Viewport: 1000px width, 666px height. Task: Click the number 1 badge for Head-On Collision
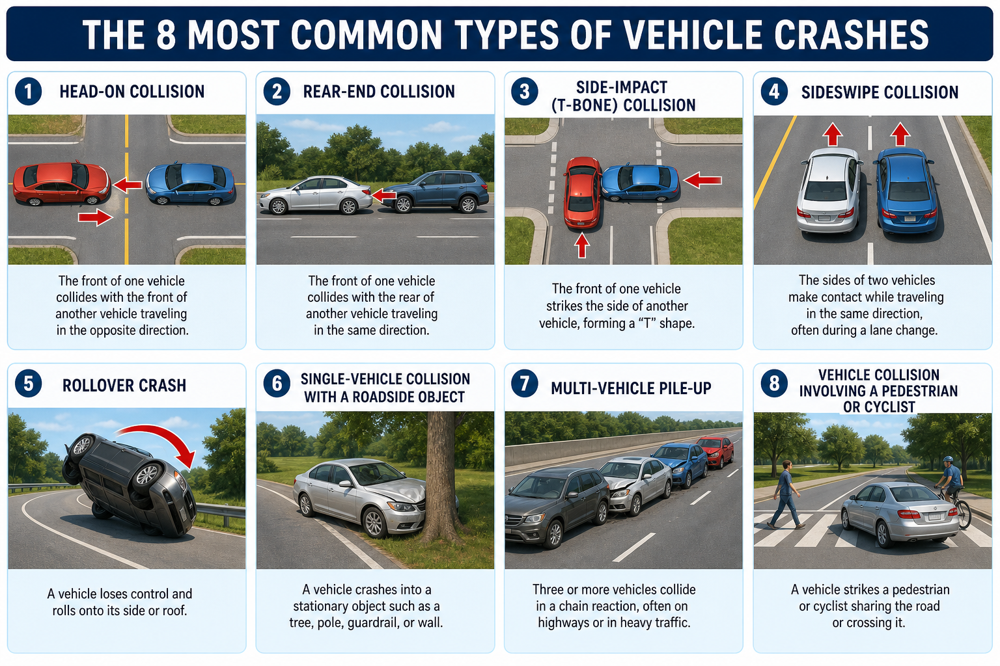(28, 92)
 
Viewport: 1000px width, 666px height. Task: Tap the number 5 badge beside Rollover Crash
(28, 384)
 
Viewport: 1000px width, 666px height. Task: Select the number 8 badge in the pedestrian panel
(774, 382)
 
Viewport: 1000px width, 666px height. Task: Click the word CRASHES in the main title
(852, 34)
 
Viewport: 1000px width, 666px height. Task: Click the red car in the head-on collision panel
(62, 183)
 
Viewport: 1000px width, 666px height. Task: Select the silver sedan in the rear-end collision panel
(316, 195)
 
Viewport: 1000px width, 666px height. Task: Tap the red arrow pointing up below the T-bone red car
(581, 246)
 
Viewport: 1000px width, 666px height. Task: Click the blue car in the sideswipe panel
(906, 191)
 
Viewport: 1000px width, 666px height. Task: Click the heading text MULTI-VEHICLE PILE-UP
(631, 388)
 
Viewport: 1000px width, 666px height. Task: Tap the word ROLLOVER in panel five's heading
(92, 386)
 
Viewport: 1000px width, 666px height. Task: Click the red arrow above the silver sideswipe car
(832, 134)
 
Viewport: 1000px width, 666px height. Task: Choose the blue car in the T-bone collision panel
(640, 183)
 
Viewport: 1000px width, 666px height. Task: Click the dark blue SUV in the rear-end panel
(436, 192)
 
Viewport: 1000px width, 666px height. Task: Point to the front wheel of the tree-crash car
(374, 522)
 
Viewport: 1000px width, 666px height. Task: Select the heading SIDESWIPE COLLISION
(880, 92)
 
